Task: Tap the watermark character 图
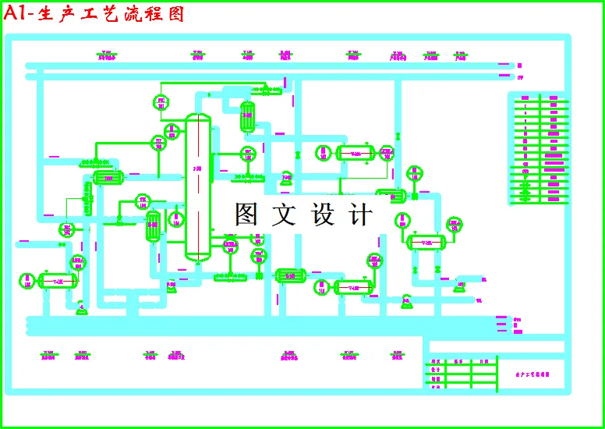coord(246,214)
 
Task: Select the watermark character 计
coord(360,214)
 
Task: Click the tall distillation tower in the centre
coord(198,187)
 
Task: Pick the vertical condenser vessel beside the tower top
coord(247,117)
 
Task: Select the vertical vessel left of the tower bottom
coord(154,227)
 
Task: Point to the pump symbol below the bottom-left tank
coord(80,310)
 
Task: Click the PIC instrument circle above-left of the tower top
coord(161,103)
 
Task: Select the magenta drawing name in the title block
coord(534,374)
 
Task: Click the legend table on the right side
coord(538,148)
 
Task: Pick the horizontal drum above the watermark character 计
coord(356,153)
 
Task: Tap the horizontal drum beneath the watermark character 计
coord(352,287)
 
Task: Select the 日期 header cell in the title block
coord(484,361)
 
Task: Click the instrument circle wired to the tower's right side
coord(248,154)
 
